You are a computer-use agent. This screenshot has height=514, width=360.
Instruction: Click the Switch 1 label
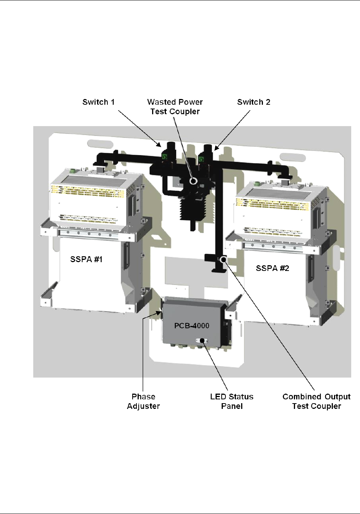98,102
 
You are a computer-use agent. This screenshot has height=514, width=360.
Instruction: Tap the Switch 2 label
253,102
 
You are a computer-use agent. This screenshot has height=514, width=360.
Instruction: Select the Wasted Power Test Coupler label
175,107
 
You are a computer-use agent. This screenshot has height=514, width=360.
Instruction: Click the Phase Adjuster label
143,401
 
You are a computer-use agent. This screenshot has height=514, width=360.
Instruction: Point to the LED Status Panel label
232,401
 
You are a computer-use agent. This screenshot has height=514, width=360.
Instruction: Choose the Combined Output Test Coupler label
316,401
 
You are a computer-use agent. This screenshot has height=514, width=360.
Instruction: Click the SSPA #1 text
86,259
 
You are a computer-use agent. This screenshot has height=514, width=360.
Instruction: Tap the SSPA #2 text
272,268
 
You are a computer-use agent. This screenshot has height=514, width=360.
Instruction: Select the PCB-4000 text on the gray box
192,326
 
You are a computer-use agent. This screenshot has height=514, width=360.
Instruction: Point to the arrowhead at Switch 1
159,145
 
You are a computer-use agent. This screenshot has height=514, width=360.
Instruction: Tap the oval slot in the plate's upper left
101,144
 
